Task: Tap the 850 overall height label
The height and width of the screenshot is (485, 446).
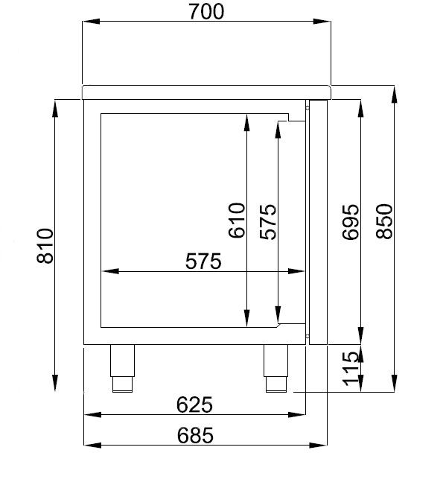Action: point(383,221)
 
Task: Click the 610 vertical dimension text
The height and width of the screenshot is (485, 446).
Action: point(236,221)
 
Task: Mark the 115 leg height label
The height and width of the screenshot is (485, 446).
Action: point(351,370)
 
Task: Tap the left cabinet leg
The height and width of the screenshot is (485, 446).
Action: point(122,368)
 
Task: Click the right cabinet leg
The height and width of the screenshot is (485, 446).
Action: point(275,368)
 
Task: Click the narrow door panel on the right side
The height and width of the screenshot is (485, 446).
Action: point(318,222)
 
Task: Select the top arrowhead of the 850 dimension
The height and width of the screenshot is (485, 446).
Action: point(395,90)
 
